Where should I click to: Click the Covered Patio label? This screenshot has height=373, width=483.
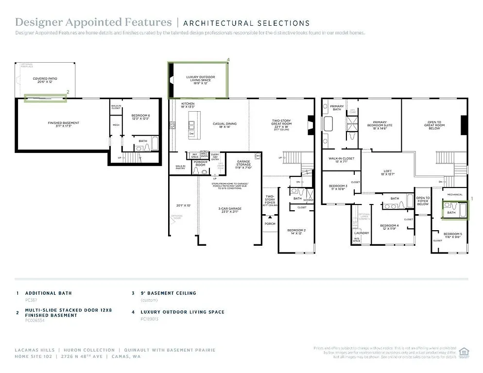click(x=45, y=80)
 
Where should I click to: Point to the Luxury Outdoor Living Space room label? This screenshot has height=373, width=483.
click(x=200, y=80)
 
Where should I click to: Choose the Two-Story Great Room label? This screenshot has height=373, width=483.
click(x=281, y=124)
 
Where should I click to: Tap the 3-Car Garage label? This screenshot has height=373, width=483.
click(x=230, y=210)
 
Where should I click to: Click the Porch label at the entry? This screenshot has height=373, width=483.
click(x=270, y=224)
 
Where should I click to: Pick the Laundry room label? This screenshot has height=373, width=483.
click(x=362, y=233)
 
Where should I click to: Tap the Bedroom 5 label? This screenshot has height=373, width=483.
click(x=453, y=236)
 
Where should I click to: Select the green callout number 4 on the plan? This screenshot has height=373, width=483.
click(x=228, y=60)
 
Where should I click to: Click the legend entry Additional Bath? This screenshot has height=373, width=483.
click(x=48, y=293)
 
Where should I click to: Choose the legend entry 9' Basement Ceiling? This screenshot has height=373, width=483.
click(x=168, y=293)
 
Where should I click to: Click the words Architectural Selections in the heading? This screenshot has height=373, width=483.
click(x=246, y=23)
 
